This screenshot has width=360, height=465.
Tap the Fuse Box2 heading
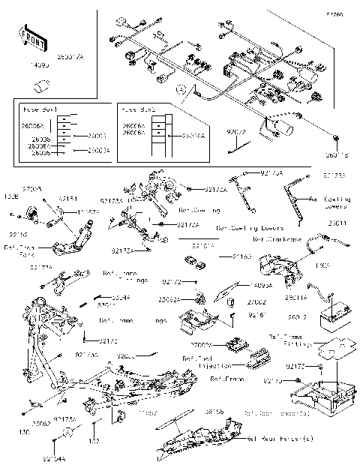pyautogui.click(x=139, y=109)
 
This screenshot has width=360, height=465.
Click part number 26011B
pyautogui.click(x=337, y=155)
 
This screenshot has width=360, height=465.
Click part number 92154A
pyautogui.click(x=74, y=457)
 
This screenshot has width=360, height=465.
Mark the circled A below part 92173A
pyautogui.click(x=67, y=433)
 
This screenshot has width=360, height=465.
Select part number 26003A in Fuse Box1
pyautogui.click(x=97, y=151)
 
